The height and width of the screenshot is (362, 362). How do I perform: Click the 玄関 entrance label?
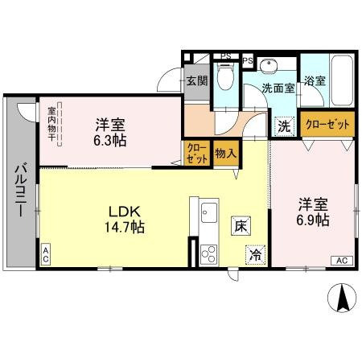tap(197, 81)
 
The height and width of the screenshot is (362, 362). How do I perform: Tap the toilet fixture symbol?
tap(227, 78)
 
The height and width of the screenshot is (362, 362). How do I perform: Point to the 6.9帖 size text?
tap(310, 220)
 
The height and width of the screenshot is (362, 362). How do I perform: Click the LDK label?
tap(126, 212)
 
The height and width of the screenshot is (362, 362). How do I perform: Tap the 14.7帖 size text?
tap(126, 228)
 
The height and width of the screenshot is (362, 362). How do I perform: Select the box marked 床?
tap(241, 226)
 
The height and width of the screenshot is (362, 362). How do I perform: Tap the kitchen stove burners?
tap(208, 254)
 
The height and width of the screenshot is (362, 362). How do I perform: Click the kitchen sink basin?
tap(208, 215)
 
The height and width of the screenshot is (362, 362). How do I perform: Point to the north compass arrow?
tap(340, 298)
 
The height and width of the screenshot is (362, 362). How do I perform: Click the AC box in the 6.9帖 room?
tap(341, 260)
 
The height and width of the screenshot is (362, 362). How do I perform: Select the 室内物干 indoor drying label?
tap(51, 124)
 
